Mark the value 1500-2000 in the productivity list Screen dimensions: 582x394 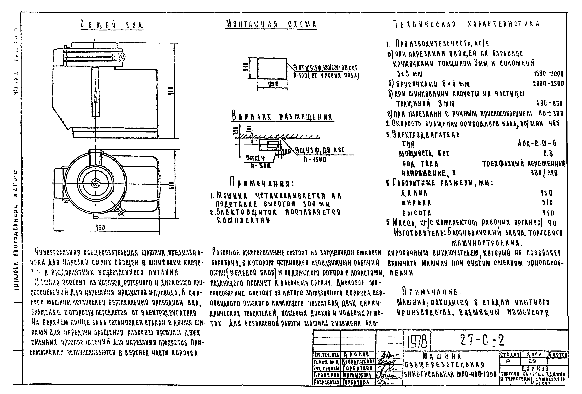coord(548,74)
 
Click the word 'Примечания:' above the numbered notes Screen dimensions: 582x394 coord(262,184)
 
